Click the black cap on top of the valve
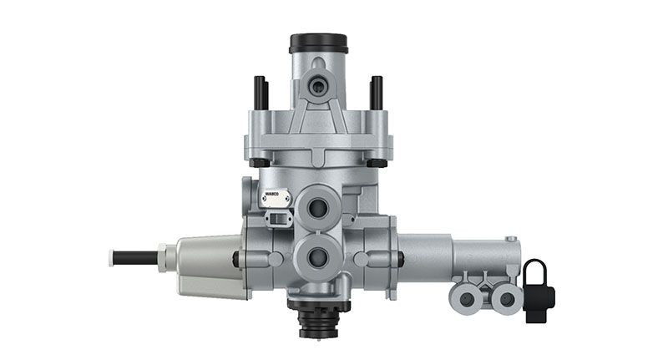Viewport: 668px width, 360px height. click(x=318, y=43)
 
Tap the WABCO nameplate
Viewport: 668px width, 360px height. click(x=275, y=199)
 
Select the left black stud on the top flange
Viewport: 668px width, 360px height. click(x=260, y=93)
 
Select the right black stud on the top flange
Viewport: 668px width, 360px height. click(x=376, y=93)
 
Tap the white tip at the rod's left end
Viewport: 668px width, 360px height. click(x=111, y=257)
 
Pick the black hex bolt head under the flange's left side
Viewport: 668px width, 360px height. click(x=260, y=161)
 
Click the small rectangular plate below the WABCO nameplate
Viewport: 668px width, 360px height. click(x=275, y=218)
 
